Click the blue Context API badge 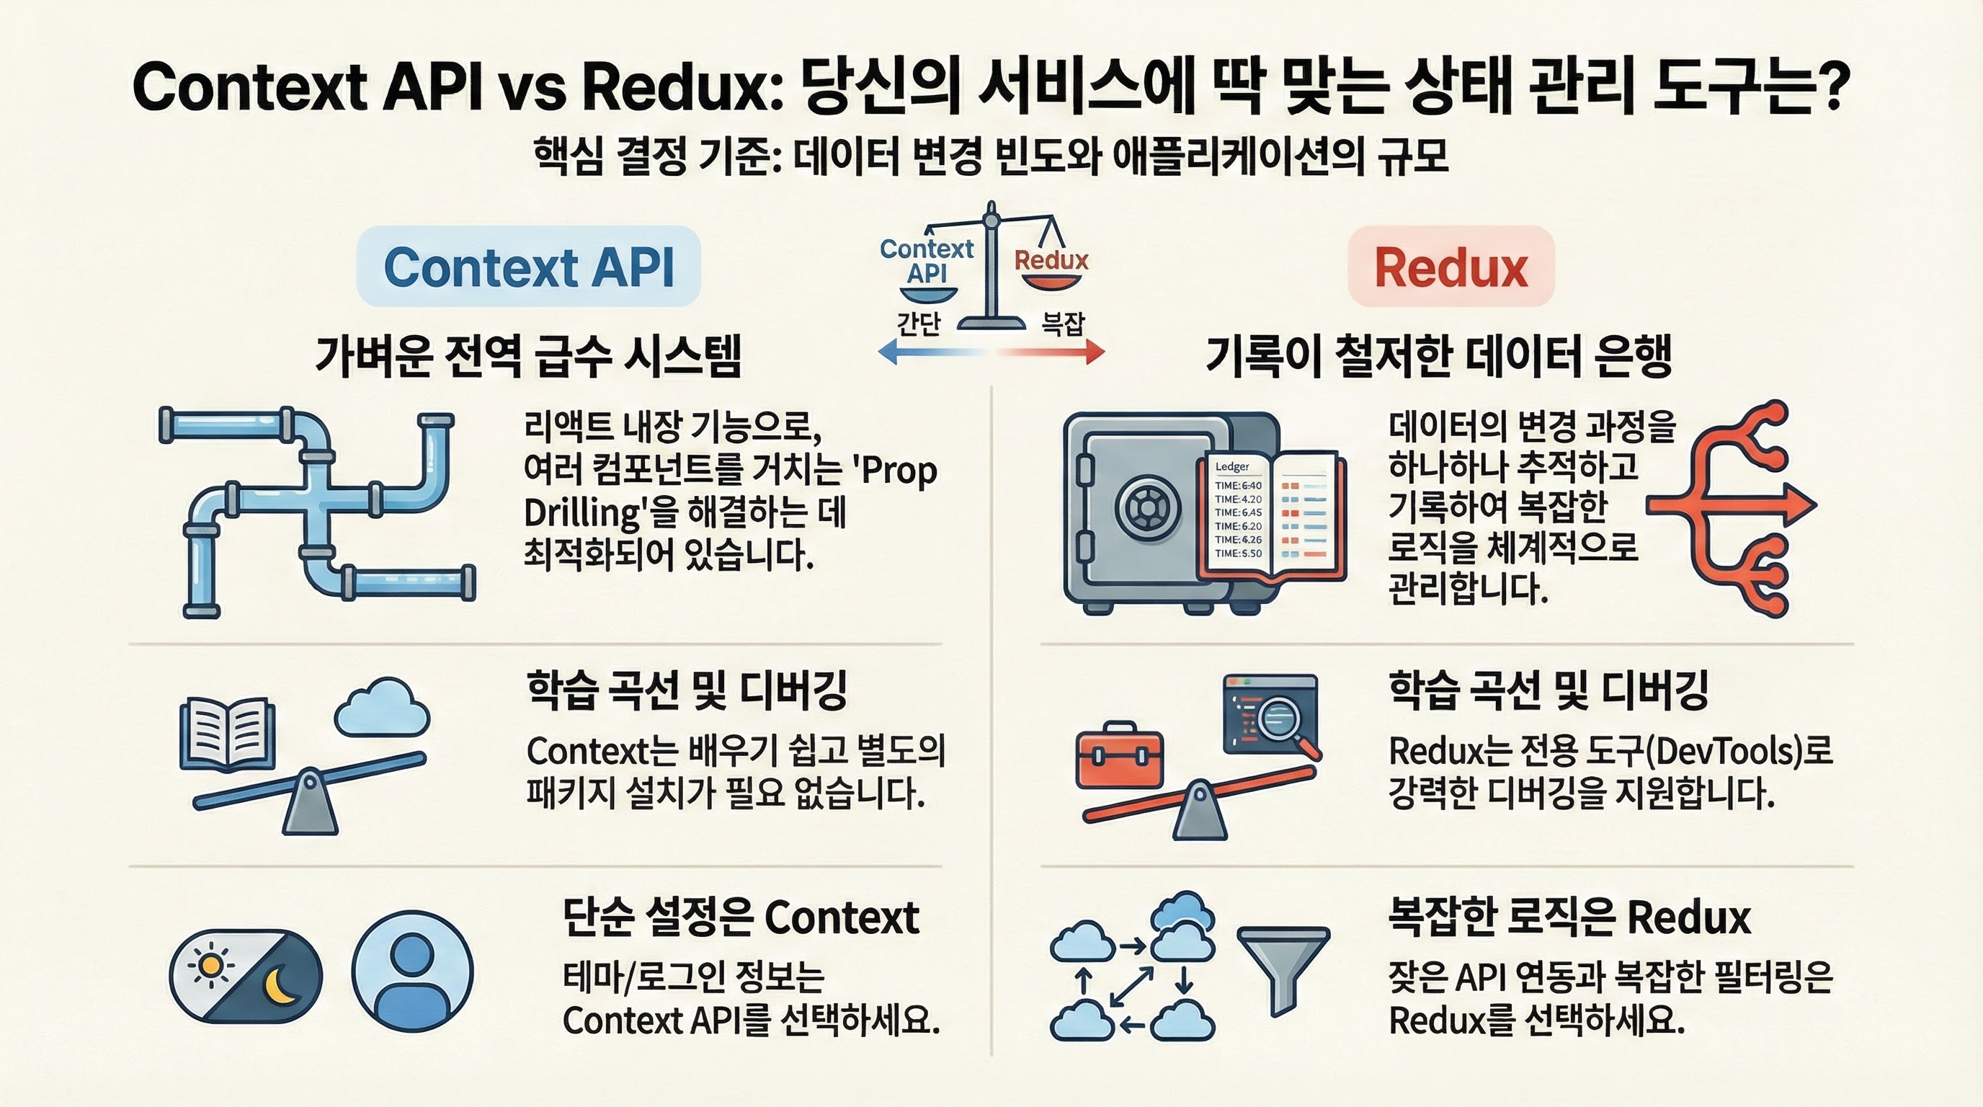528,267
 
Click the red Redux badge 1451,267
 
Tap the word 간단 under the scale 919,324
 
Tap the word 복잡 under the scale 1062,324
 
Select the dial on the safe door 1148,508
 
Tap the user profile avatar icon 413,972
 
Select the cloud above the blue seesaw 383,707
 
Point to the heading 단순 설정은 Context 741,917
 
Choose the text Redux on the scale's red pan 1051,260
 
